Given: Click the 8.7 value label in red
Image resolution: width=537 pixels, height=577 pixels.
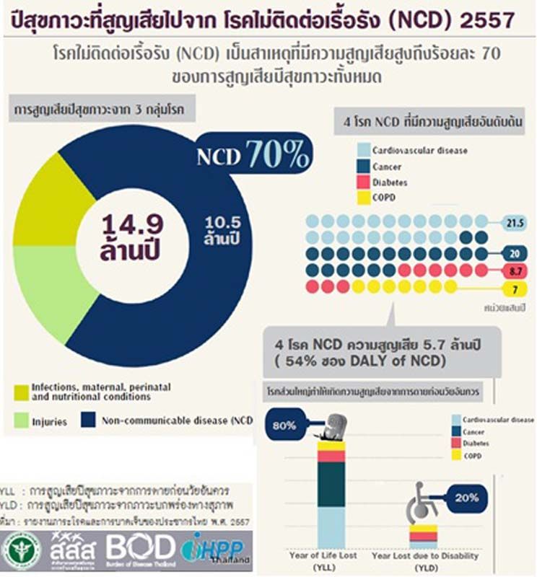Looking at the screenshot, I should (515, 270).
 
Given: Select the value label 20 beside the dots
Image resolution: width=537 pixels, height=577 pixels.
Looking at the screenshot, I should (515, 254).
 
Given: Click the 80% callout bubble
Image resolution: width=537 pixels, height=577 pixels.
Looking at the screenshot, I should (284, 425).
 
